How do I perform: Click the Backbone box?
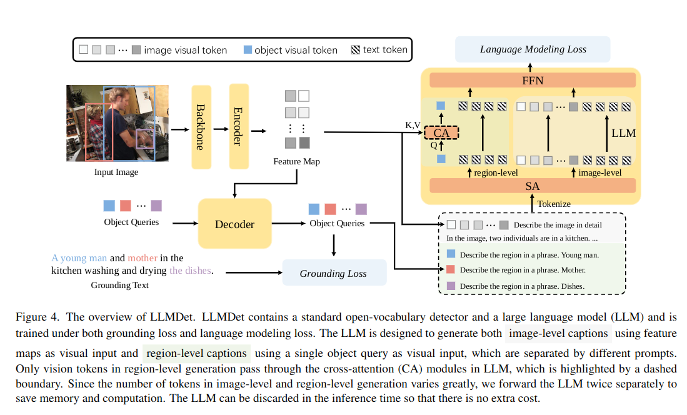tap(201, 127)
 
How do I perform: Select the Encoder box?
tap(239, 127)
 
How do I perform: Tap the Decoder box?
tap(234, 224)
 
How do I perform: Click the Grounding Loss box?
tap(334, 273)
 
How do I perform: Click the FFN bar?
tap(533, 81)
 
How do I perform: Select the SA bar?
tap(533, 186)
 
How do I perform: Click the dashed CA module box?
tap(441, 133)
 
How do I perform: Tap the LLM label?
tap(623, 133)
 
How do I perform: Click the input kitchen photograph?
tap(118, 123)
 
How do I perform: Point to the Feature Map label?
tap(296, 162)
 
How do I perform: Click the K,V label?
tap(413, 125)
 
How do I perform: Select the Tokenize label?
tap(553, 203)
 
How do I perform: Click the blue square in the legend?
tap(248, 49)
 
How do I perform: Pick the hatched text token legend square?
tap(355, 49)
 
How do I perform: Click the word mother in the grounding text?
tap(143, 257)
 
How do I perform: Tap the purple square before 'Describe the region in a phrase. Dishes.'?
tap(451, 286)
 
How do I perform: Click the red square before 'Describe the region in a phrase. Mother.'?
tap(451, 270)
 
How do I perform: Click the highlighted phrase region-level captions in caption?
tap(196, 353)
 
